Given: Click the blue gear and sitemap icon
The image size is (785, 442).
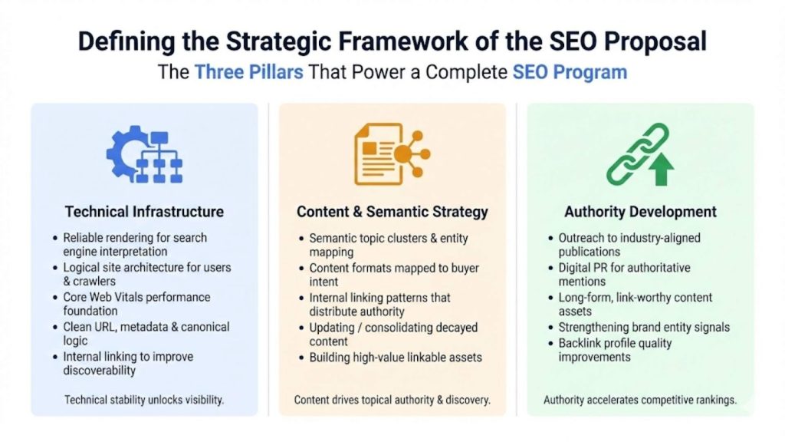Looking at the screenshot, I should tap(144, 155).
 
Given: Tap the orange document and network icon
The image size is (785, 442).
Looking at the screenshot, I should tap(391, 153).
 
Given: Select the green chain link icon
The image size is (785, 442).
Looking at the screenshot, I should tap(630, 153).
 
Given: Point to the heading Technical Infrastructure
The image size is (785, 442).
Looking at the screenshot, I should tap(144, 212).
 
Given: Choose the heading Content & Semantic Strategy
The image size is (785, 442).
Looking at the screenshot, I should tap(392, 212).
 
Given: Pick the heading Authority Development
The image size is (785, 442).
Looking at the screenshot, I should tap(640, 212).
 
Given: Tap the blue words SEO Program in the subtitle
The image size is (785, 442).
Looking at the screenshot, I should tap(570, 73).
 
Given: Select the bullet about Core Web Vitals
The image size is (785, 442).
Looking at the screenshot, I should tap(136, 304).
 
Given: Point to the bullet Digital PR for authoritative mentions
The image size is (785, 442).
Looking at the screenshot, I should tap(624, 275).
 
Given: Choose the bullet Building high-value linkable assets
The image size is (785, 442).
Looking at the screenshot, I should tap(396, 358).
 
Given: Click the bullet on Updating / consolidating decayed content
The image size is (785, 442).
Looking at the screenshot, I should tap(393, 335).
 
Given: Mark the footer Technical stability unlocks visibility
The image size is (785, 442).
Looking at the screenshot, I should tap(144, 400).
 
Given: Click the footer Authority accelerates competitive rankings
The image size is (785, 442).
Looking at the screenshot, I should tap(640, 400).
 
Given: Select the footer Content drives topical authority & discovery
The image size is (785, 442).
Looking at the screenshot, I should tap(392, 400).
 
